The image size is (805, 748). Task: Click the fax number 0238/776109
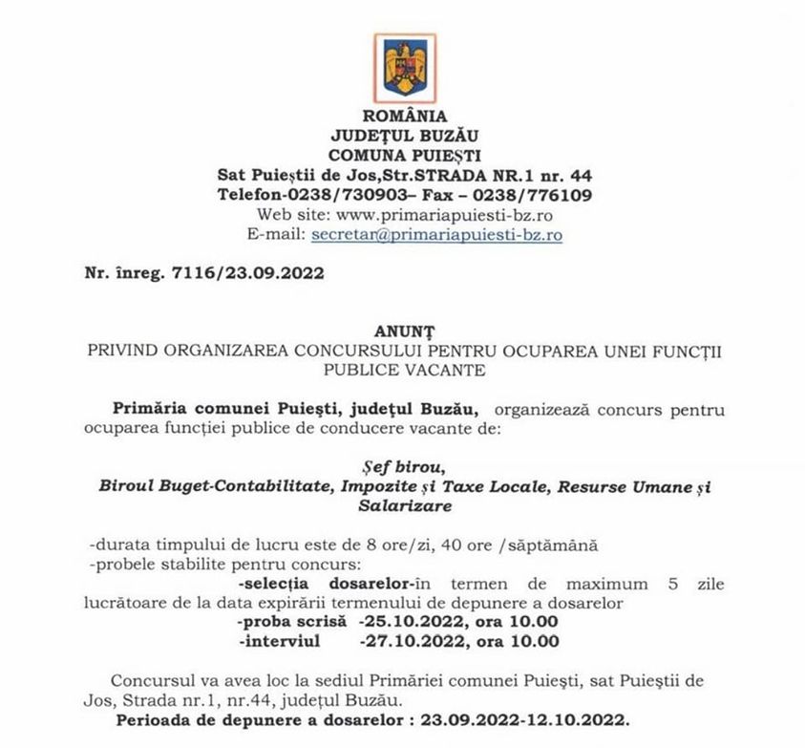540,195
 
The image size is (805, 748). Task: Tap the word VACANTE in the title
435,369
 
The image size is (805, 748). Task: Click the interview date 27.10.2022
405,641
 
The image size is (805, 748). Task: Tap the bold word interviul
281,641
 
